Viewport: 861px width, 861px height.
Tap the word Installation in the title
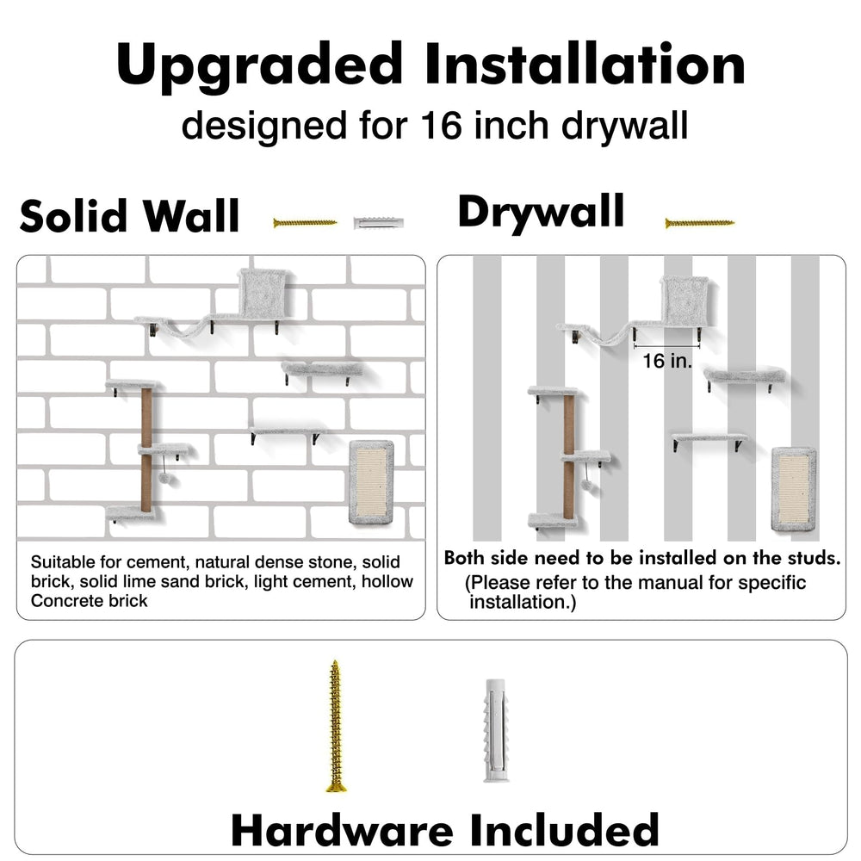(585, 64)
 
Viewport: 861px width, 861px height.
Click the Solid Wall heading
(130, 216)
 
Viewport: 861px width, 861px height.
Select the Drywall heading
(541, 213)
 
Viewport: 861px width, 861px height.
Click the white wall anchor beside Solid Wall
(379, 224)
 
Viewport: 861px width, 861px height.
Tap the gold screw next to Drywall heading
(699, 223)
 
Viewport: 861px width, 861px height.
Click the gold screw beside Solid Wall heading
(305, 222)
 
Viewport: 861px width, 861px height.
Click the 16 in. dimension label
(666, 361)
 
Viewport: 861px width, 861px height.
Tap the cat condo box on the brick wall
(263, 293)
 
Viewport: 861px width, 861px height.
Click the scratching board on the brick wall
(372, 481)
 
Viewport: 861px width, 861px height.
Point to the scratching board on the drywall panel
(794, 490)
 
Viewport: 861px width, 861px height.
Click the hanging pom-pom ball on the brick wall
(164, 478)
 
